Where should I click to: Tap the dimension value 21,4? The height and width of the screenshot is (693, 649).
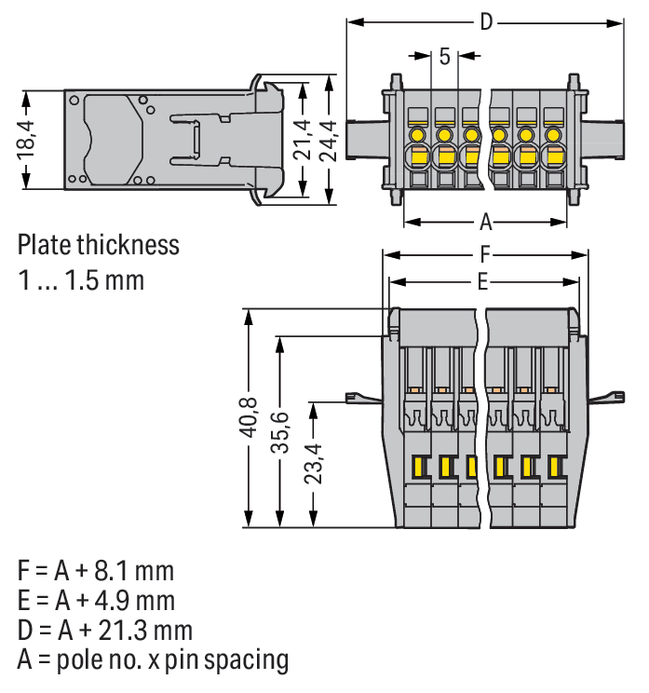pos(304,141)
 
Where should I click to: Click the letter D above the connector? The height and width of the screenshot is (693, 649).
pos(485,22)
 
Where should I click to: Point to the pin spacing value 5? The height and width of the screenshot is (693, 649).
pos(444,56)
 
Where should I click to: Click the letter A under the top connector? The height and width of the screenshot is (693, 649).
pos(485,223)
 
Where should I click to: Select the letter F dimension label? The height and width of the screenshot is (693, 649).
pos(485,253)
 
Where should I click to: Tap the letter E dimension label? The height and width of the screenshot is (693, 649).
pos(482,281)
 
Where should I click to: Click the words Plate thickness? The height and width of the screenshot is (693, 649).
pos(99,246)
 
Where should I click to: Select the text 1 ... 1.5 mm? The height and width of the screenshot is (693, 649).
pos(82,279)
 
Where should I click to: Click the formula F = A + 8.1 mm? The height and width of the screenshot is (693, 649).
pos(96,570)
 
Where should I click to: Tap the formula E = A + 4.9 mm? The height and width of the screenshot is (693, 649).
pos(96,600)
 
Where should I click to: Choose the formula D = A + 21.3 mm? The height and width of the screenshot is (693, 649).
pos(105,630)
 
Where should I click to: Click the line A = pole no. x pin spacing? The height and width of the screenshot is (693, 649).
pos(153,660)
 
